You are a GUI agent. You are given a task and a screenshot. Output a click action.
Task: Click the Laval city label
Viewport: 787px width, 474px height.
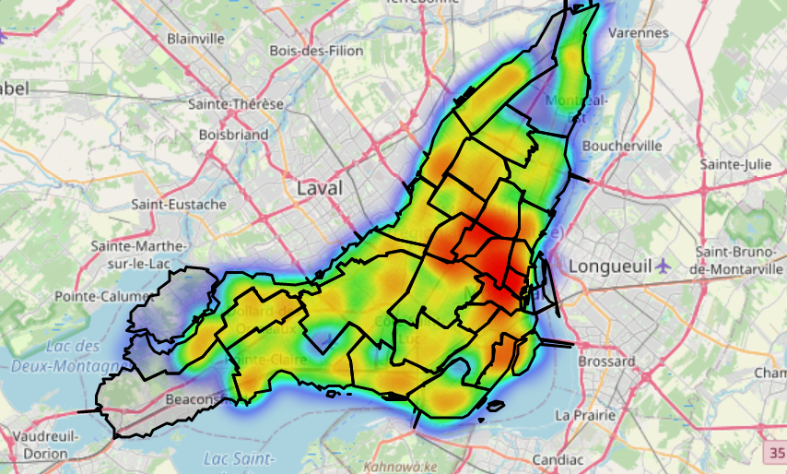pos(319,188)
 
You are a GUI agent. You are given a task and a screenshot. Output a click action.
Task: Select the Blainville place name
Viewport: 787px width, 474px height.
pos(195,39)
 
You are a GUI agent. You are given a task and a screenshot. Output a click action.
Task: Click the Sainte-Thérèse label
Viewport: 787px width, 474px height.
pos(236,104)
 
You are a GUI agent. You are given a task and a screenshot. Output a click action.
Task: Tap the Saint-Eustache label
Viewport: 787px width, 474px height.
pos(179,204)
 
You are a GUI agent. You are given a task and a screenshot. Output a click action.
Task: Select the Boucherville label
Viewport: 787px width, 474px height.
pos(622,146)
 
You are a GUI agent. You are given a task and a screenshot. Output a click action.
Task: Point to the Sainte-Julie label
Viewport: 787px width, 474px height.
pos(734,163)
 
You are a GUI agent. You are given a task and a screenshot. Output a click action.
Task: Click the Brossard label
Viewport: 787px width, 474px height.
pos(606,361)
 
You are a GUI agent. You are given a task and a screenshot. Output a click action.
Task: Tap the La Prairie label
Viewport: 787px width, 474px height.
pos(584,415)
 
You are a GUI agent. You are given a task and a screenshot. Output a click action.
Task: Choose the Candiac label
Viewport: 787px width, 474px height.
pos(558,458)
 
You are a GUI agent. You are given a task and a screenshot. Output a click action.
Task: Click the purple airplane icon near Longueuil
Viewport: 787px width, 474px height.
pos(664,266)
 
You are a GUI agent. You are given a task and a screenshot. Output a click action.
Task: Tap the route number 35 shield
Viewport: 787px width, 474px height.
pos(775,453)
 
